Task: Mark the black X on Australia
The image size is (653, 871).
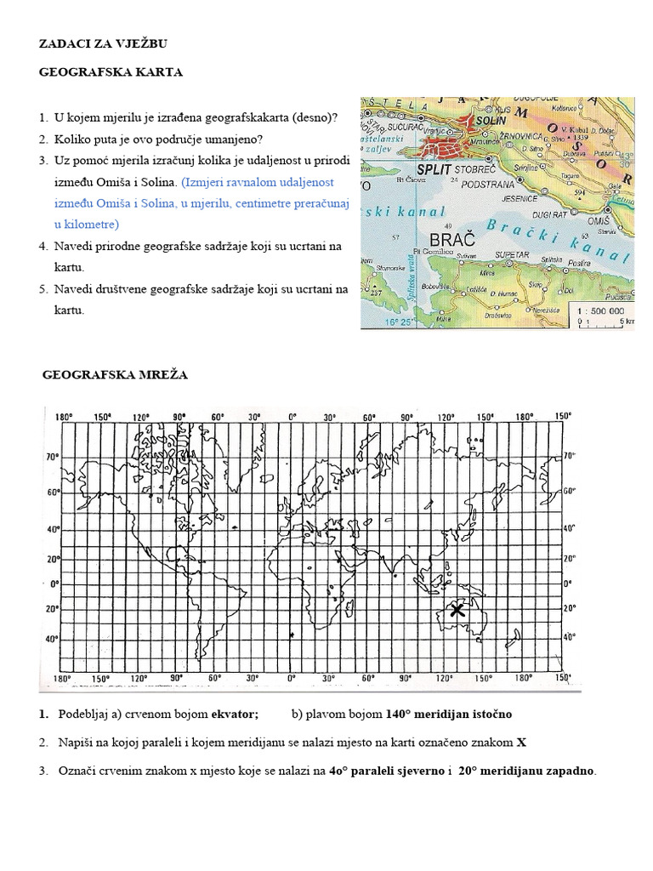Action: click(x=457, y=610)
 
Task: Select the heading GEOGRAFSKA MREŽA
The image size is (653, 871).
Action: click(x=116, y=374)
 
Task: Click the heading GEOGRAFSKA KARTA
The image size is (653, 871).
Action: click(x=111, y=72)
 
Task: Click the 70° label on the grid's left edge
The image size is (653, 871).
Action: click(x=52, y=457)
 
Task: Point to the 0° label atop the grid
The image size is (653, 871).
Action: click(x=292, y=417)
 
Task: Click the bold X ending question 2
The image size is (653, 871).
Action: click(x=521, y=742)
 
